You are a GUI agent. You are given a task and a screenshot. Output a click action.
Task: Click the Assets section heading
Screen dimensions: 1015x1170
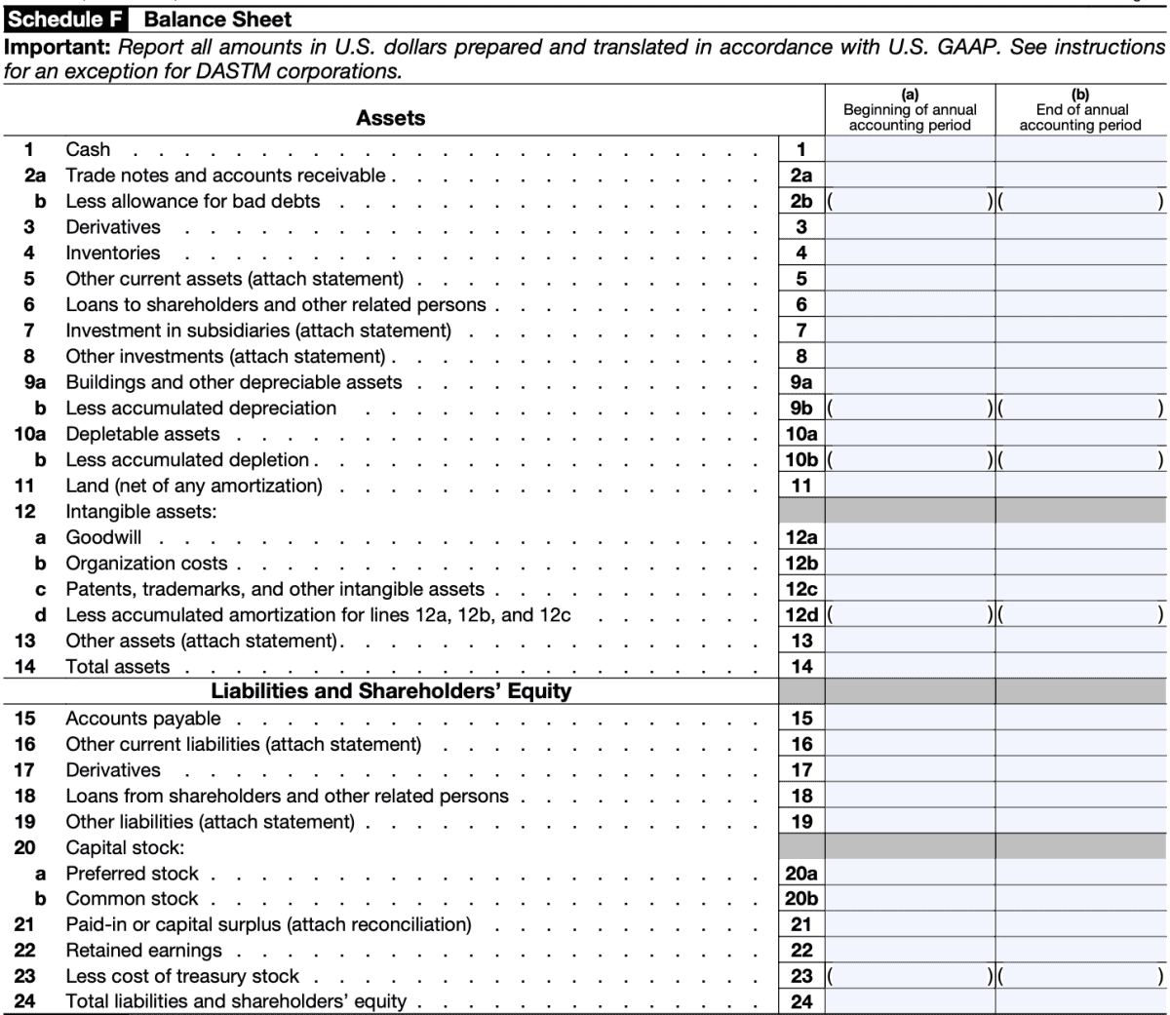(390, 118)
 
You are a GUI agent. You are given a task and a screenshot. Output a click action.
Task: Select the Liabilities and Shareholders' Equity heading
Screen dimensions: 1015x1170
(391, 691)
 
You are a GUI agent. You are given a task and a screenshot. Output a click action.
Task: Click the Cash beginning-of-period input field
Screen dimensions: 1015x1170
(910, 149)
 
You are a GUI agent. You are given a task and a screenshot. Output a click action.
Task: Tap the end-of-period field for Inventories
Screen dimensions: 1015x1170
(1080, 253)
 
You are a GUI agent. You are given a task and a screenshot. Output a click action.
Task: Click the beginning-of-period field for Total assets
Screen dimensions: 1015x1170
(910, 667)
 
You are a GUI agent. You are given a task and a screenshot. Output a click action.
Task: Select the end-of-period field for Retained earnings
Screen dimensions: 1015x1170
(1080, 951)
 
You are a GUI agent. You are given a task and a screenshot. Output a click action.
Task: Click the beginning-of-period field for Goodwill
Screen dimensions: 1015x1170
(910, 537)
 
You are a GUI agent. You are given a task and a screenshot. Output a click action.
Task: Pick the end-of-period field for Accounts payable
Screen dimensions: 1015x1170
(1080, 719)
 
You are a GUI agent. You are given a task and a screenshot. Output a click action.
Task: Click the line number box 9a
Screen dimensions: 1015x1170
(801, 382)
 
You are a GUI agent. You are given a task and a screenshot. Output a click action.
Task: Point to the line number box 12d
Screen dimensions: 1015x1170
(801, 615)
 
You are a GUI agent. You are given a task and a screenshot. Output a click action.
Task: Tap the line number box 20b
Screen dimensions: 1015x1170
(801, 899)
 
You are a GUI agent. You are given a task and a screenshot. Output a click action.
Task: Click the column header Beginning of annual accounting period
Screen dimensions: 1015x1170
(910, 110)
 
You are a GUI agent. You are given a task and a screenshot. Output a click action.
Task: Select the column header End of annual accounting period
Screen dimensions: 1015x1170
(1080, 110)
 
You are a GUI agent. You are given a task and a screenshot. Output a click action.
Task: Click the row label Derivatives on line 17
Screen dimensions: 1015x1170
(112, 770)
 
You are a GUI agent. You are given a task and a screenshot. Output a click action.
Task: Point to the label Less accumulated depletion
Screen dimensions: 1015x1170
(187, 459)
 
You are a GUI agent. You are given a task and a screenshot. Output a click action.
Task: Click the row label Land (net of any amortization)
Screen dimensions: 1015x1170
(193, 486)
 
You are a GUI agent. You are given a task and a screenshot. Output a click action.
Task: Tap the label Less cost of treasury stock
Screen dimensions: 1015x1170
(182, 976)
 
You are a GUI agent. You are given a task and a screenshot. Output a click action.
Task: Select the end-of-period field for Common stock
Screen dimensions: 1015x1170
(1080, 899)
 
